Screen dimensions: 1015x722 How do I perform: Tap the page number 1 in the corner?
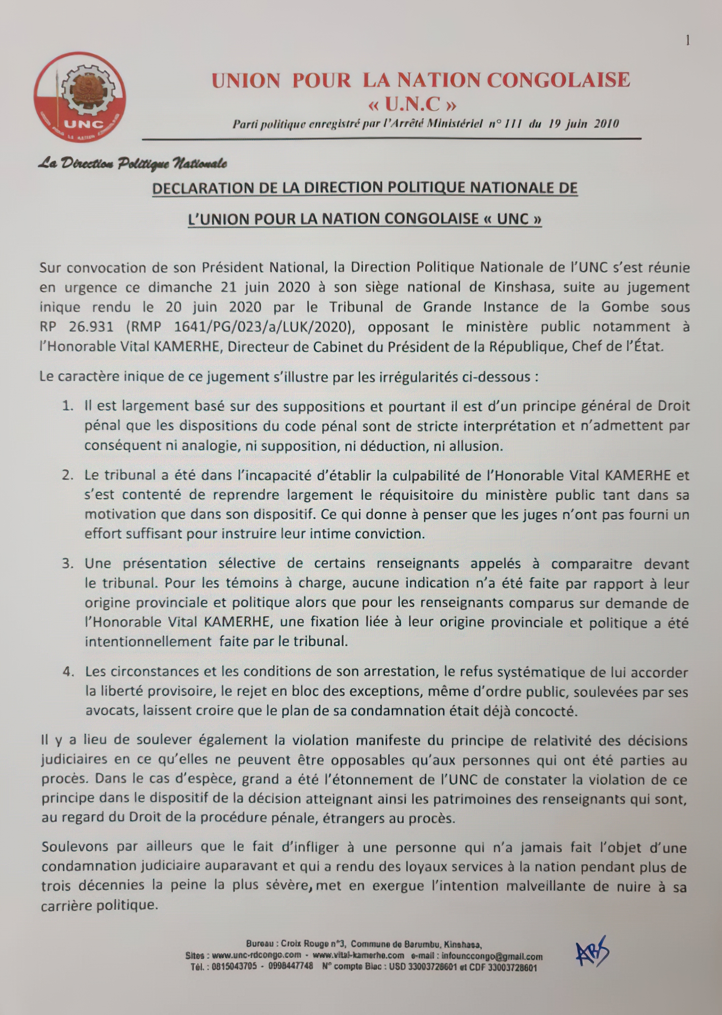tap(688, 41)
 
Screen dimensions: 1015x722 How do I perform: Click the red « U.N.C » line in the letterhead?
tap(412, 105)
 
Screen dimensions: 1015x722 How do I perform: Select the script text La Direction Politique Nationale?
tap(132, 163)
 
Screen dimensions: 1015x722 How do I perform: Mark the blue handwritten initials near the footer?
tap(592, 952)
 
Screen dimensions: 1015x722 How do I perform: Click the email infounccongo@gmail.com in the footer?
tap(492, 957)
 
